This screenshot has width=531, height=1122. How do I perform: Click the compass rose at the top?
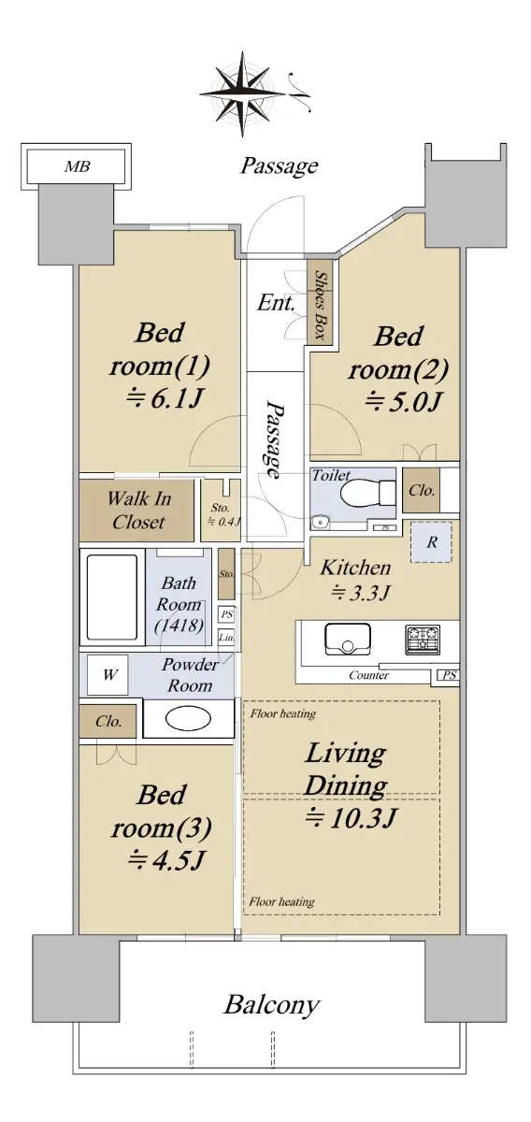click(243, 93)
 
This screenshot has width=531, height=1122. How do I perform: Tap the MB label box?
click(77, 166)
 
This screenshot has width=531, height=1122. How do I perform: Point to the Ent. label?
click(276, 303)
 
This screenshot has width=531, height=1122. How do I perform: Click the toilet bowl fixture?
click(368, 494)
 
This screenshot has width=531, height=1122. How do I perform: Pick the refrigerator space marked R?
click(431, 542)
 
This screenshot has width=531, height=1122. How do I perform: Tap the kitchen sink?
click(348, 639)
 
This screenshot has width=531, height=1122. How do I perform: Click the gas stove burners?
click(423, 640)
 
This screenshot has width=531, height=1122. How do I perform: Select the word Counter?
click(368, 675)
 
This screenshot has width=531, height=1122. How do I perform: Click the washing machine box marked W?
click(108, 675)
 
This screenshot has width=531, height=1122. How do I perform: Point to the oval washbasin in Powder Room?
click(188, 719)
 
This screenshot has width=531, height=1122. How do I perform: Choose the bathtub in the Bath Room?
click(112, 597)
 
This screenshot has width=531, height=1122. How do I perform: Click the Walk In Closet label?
click(138, 511)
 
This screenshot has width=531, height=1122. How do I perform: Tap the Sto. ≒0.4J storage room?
click(221, 511)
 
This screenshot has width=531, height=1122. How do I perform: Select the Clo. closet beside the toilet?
click(422, 490)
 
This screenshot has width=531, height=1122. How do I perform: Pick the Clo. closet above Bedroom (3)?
click(108, 721)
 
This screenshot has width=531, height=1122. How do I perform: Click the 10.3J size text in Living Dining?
click(352, 818)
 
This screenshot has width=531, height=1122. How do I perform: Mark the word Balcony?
click(271, 1004)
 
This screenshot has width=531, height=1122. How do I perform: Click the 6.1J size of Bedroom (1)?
click(164, 399)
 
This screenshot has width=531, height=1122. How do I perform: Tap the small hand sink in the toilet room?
click(319, 523)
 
